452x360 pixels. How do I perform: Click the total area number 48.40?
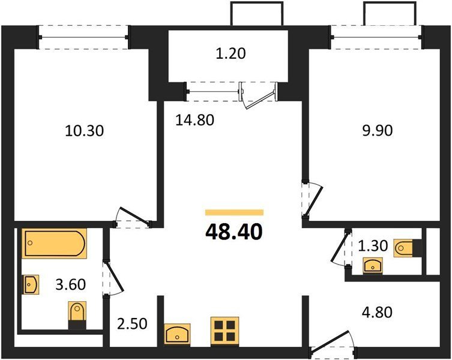(x=234, y=232)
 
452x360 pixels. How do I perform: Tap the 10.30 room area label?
(x=84, y=131)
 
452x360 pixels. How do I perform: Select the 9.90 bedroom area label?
(x=377, y=131)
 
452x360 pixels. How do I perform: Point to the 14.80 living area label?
(x=195, y=120)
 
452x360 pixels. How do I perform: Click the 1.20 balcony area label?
(x=231, y=53)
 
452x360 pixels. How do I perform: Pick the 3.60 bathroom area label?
(x=71, y=284)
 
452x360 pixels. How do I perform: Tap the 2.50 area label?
(x=132, y=323)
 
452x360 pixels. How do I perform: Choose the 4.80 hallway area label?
(x=377, y=312)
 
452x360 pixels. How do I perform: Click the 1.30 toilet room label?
(x=373, y=246)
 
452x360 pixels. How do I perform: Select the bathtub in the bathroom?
(x=54, y=243)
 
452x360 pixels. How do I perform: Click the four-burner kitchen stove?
(x=225, y=331)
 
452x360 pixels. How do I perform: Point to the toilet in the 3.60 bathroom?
(x=77, y=315)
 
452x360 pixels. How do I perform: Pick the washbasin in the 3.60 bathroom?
(x=31, y=284)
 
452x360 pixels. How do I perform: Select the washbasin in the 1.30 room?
(x=373, y=265)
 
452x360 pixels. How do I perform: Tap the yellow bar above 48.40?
(x=234, y=213)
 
